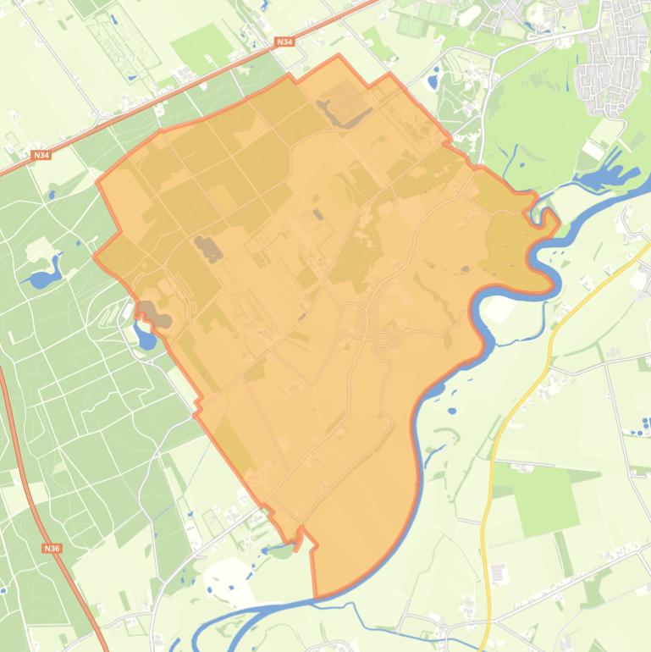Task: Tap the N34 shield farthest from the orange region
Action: (41, 155)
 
